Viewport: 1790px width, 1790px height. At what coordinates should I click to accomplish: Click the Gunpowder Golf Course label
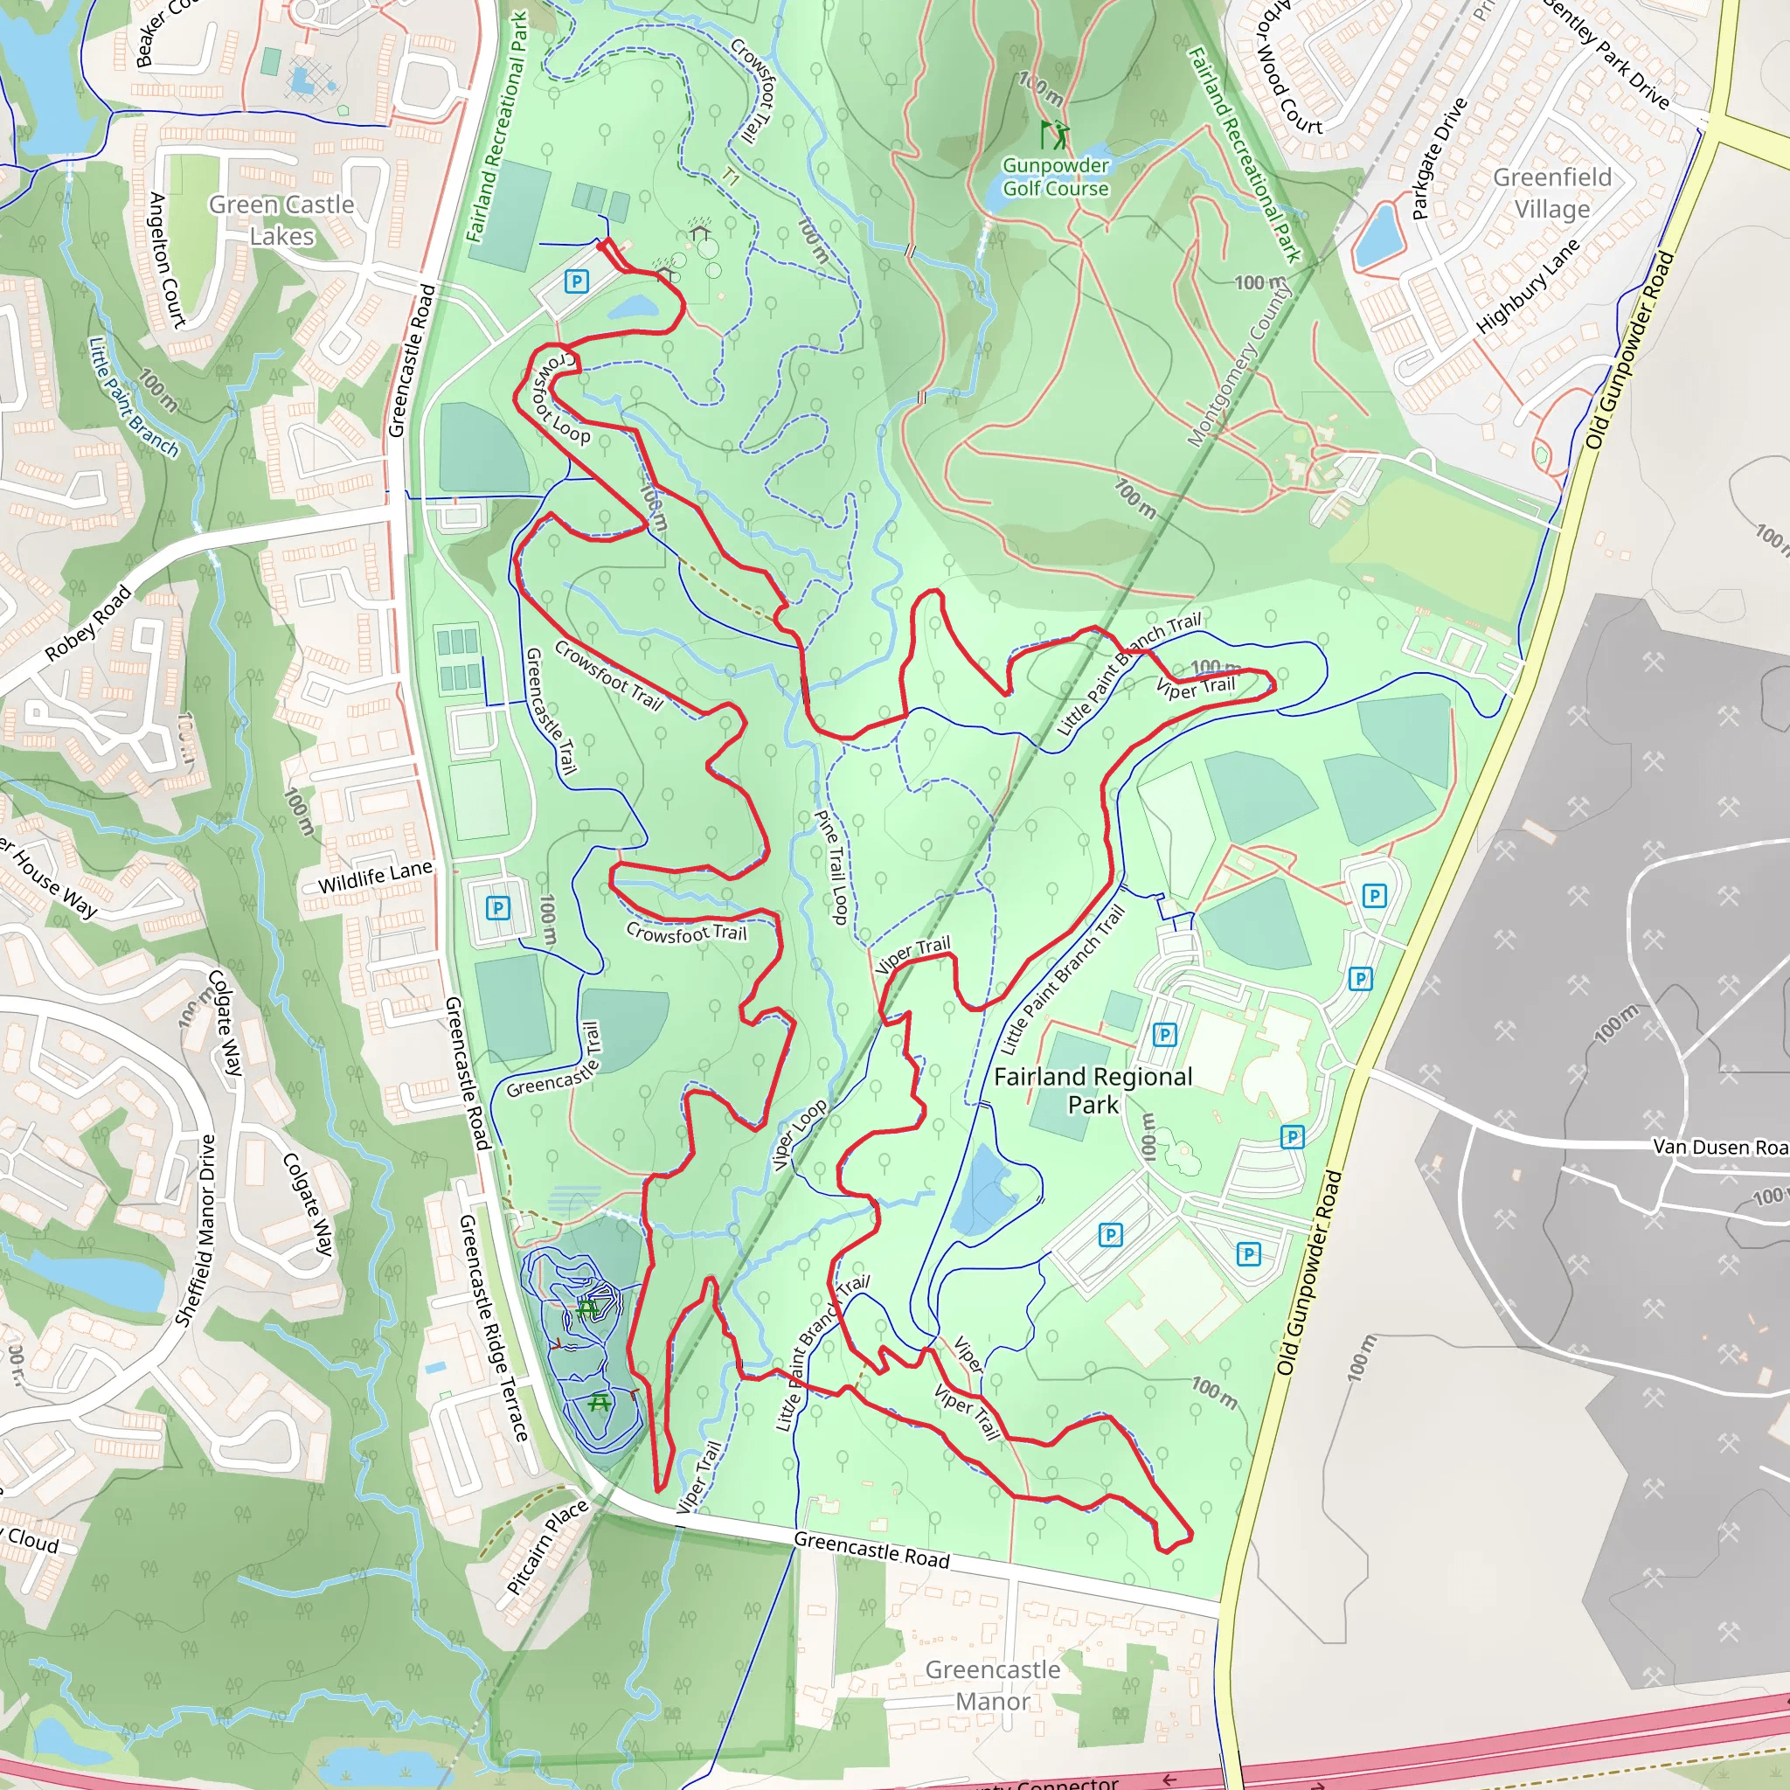[1055, 177]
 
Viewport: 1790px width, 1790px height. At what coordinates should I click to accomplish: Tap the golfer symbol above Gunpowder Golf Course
[1053, 135]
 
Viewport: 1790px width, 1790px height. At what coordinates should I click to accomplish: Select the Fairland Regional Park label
[1093, 1091]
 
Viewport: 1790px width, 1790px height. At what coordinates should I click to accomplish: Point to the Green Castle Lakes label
[281, 219]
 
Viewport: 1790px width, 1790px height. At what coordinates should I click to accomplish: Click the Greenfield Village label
[1552, 192]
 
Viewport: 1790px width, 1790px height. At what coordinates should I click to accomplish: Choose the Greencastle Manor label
[992, 1685]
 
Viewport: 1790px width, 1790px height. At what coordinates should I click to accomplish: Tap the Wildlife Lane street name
[375, 877]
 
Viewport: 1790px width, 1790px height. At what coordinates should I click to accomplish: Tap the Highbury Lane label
[1527, 285]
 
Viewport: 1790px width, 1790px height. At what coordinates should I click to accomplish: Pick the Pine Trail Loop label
[831, 867]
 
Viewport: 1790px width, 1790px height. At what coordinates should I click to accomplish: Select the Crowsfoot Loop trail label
[560, 399]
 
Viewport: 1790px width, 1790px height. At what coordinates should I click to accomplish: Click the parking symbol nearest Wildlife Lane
[498, 908]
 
